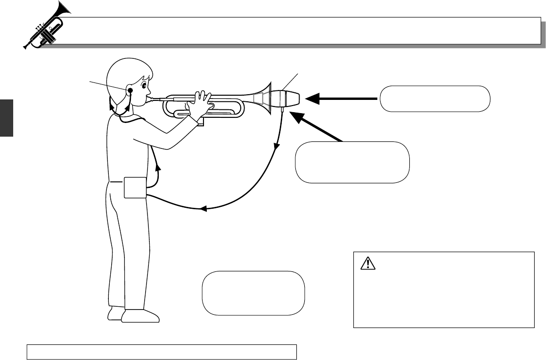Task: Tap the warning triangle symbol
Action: pos(366,264)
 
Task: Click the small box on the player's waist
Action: pos(135,188)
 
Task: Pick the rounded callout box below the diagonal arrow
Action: pos(351,162)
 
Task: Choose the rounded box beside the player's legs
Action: pos(253,292)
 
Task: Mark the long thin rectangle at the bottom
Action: pos(162,352)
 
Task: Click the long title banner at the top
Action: pos(302,31)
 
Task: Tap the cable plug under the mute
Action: pos(282,110)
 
